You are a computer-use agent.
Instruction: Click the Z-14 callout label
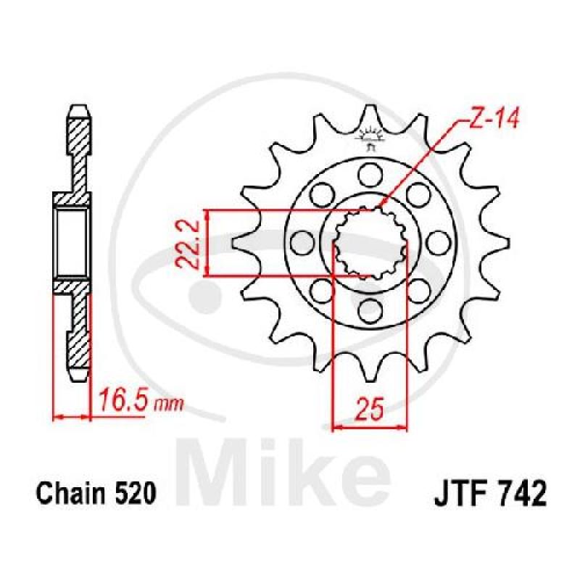494,118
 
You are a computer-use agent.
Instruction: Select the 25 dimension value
368,410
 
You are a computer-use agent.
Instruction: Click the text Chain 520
96,493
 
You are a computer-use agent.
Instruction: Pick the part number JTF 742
490,493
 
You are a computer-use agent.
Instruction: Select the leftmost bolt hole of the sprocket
302,243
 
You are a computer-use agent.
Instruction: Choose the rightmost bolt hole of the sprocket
439,243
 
